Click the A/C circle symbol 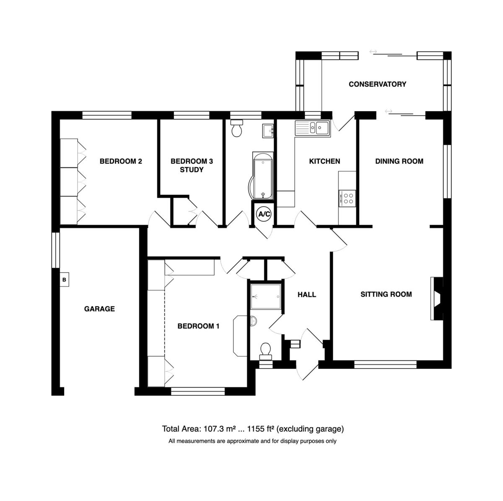(264, 214)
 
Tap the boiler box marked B (64, 280)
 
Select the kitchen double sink (313, 128)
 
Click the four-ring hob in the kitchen (347, 198)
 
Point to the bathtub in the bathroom (261, 176)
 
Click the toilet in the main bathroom (237, 128)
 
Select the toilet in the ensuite (266, 351)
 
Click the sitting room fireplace (437, 298)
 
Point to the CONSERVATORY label (377, 84)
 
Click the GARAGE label (99, 309)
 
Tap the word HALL (307, 294)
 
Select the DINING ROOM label (399, 161)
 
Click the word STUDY (192, 170)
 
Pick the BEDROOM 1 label (198, 326)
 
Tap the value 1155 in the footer (256, 429)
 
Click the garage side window (56, 250)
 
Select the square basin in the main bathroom (268, 131)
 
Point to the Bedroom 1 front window (198, 391)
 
